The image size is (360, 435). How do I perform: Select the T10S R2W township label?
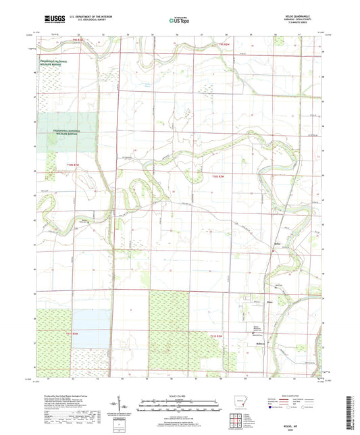click(x=217, y=175)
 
